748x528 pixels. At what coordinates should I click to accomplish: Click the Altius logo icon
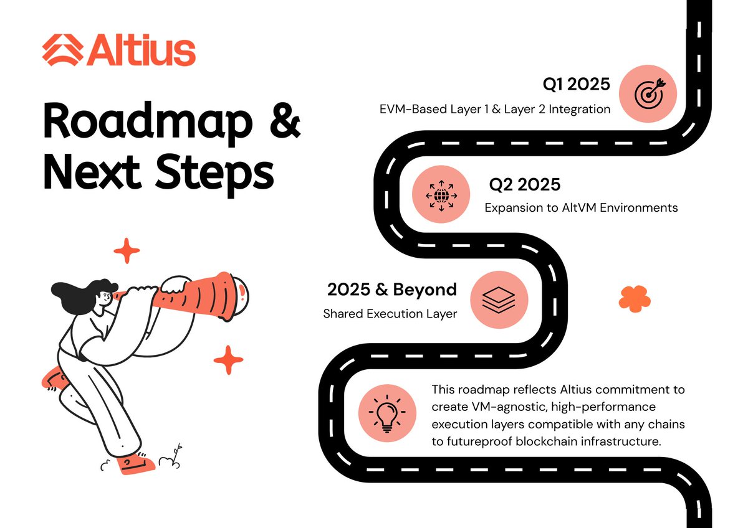point(62,51)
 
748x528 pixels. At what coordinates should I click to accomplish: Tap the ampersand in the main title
point(284,123)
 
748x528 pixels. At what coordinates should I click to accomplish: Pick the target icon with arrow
point(648,94)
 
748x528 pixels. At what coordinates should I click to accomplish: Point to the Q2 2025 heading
point(524,185)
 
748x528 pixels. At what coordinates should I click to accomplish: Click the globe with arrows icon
point(441,195)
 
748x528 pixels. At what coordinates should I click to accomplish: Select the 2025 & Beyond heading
point(392,290)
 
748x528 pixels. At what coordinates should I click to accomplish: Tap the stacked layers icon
point(499,298)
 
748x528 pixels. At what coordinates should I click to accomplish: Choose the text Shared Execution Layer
point(390,314)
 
